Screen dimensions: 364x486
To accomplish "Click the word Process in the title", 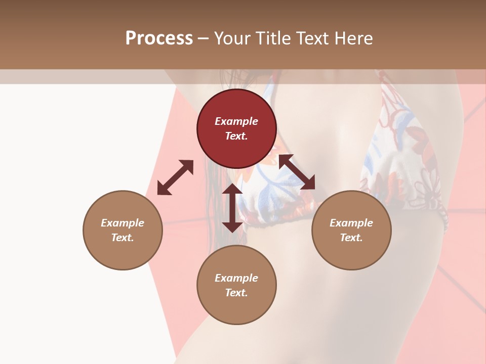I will (159, 38).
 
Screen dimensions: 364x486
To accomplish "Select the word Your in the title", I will (231, 38).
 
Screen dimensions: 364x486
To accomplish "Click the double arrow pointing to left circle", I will (175, 177).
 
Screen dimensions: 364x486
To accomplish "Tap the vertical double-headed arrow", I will (232, 208).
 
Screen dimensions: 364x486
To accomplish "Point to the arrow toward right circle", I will (297, 172).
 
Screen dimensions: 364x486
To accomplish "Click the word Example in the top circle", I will (236, 121).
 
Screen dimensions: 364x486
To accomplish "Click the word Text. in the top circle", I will (236, 136).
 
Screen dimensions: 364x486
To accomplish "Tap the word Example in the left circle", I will (123, 223).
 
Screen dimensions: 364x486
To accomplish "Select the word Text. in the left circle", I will (123, 238).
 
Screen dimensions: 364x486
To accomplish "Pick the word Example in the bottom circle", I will (236, 278).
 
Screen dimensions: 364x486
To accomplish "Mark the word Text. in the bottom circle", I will (236, 293).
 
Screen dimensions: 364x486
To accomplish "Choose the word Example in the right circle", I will (351, 223).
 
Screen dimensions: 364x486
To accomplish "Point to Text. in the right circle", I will (351, 238).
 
